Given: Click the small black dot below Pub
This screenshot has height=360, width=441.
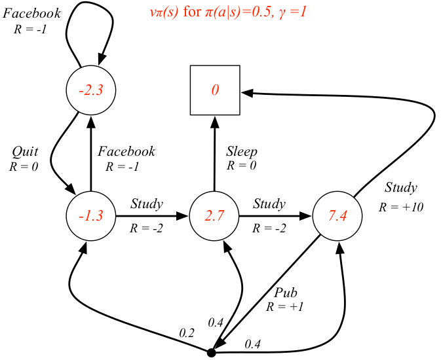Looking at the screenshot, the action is coord(211,353).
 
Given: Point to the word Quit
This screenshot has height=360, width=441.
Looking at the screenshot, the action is coord(25,152).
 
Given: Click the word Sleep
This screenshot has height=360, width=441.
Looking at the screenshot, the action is coord(242,152).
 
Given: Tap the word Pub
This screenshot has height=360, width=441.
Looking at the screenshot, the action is coord(286,293).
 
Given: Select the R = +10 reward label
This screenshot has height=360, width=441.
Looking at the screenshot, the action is coord(401,207).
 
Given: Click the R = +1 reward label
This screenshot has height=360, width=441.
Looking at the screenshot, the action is coord(284,306).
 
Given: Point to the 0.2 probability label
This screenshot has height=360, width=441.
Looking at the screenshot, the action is coord(187,333).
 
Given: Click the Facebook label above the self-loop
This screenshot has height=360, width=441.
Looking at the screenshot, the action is coord(32,13).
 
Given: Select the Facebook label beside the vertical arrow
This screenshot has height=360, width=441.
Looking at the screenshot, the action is coord(126,151).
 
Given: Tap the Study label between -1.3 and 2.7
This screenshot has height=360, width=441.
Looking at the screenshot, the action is coord(147,204).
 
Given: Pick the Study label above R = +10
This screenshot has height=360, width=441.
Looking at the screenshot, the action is coord(401,187).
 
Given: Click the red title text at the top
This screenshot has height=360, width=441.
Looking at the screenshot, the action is coord(228,12).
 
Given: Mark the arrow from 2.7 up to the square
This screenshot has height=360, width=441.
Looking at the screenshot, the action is coord(215,153).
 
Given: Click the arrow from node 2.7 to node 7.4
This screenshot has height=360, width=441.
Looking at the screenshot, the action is coord(276,216).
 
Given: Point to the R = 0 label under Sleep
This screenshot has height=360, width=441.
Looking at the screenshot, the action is coord(241,165).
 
